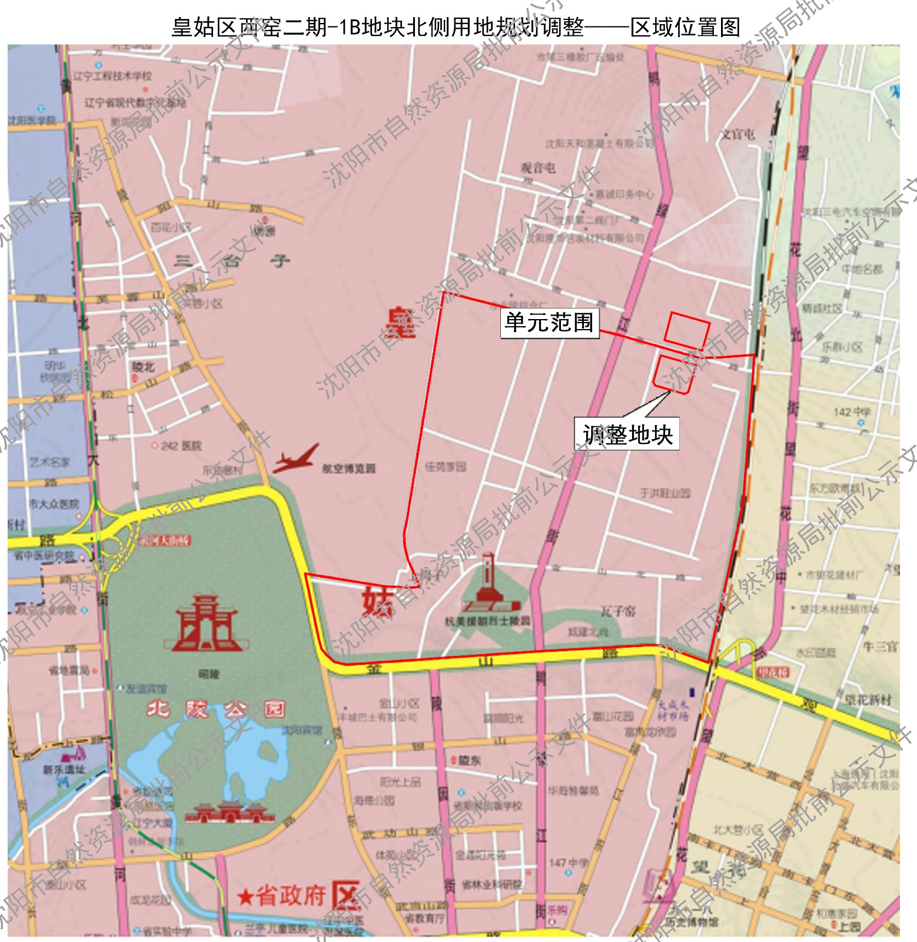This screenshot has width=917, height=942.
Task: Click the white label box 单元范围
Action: click(549, 323)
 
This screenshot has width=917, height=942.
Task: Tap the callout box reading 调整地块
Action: click(627, 434)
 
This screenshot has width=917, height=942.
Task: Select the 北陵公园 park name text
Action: click(215, 709)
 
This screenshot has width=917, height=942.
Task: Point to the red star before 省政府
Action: click(245, 897)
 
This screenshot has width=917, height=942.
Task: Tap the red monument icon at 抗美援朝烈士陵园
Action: click(489, 583)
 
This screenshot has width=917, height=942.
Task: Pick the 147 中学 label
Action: click(567, 863)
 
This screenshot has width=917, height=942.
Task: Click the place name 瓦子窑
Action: click(617, 611)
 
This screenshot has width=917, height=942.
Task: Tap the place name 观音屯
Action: click(537, 168)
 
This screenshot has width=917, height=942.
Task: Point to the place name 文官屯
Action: click(738, 134)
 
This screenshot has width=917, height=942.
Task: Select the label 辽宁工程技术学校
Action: click(112, 76)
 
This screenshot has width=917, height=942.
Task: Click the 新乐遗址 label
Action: click(64, 769)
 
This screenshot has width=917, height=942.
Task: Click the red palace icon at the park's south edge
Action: click(230, 813)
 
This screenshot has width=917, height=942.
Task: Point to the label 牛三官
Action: click(880, 646)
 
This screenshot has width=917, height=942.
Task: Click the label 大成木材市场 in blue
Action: click(673, 709)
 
